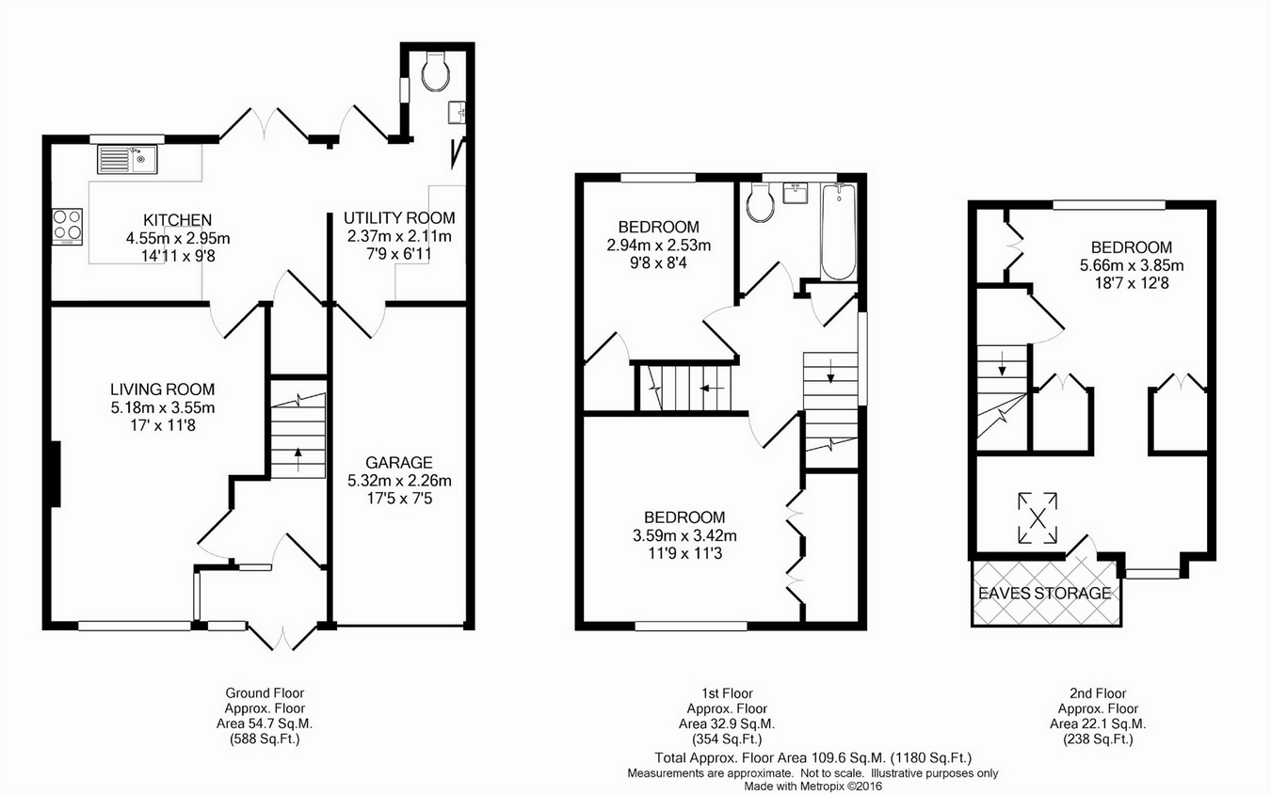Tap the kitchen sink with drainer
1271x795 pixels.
[128, 159]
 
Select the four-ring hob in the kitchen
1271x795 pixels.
[68, 227]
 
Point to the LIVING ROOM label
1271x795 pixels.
[162, 390]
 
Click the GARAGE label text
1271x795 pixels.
[399, 463]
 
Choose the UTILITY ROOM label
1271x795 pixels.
[399, 217]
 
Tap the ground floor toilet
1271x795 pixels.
[436, 72]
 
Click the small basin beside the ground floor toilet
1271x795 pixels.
[457, 112]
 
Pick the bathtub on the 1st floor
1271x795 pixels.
[839, 231]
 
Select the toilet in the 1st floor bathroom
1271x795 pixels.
[761, 202]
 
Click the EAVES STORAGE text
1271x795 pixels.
[1045, 593]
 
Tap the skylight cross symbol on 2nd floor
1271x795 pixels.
[1038, 517]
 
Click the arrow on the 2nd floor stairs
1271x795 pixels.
[1002, 363]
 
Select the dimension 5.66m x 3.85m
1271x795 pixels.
[1132, 265]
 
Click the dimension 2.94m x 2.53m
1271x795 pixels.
[658, 245]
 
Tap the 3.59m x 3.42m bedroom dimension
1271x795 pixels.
[684, 535]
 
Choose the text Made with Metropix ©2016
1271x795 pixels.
[812, 787]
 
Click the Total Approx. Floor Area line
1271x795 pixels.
[812, 757]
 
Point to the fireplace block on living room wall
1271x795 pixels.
[56, 474]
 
